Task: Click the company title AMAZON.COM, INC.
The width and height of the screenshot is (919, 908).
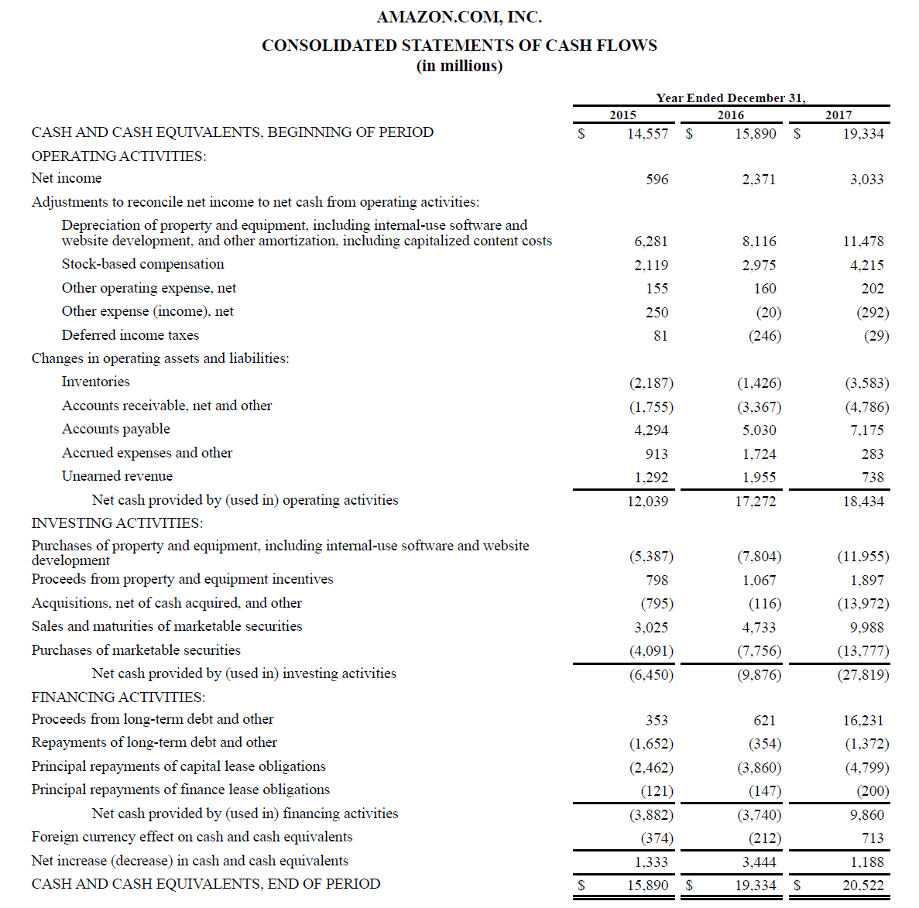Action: (459, 17)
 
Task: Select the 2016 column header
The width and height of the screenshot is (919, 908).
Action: (730, 115)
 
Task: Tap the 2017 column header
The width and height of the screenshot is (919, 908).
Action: (838, 115)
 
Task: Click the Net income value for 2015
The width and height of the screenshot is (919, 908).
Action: (657, 180)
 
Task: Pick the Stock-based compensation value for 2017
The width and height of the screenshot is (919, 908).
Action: (866, 266)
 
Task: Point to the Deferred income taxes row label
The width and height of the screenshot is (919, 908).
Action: (130, 335)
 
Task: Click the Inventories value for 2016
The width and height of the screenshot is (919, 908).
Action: (759, 383)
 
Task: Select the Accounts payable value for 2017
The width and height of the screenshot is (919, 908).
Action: (866, 430)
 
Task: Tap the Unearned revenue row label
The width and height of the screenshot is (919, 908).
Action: (117, 476)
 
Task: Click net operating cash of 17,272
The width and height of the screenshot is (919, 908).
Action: (755, 502)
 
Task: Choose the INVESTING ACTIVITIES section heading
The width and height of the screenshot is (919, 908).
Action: (117, 523)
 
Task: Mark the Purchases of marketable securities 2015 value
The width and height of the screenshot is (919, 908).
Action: (650, 651)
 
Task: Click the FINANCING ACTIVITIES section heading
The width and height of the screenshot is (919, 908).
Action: (118, 697)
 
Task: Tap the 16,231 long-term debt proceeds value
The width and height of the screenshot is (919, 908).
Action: (862, 721)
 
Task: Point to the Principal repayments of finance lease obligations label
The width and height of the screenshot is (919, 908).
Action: (180, 790)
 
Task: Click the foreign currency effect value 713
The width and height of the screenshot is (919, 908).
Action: (872, 838)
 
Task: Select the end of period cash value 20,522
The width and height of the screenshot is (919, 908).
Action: (862, 886)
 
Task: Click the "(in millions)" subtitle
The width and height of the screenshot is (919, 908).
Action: (459, 67)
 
